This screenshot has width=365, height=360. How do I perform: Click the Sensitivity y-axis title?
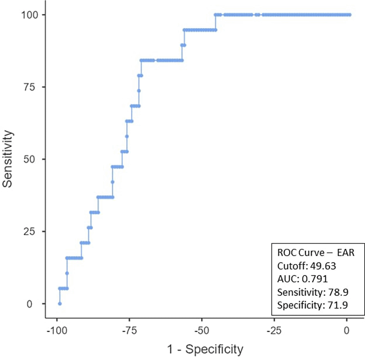click(x=8, y=159)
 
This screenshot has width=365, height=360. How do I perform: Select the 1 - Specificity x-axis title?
click(x=205, y=349)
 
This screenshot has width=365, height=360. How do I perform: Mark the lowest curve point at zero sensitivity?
click(x=59, y=304)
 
